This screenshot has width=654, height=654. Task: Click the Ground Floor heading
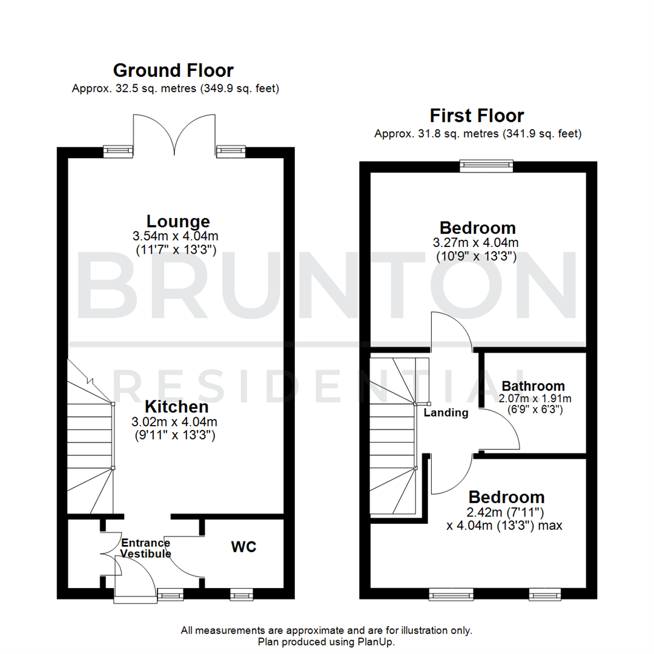click(x=173, y=70)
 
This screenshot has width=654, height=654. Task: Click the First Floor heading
click(x=477, y=115)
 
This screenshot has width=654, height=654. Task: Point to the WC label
click(x=243, y=547)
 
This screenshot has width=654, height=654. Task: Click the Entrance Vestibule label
click(x=145, y=548)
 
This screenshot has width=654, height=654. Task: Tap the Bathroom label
click(x=533, y=386)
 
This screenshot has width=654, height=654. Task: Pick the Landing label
click(x=446, y=413)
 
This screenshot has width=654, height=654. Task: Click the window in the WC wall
click(x=242, y=596)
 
